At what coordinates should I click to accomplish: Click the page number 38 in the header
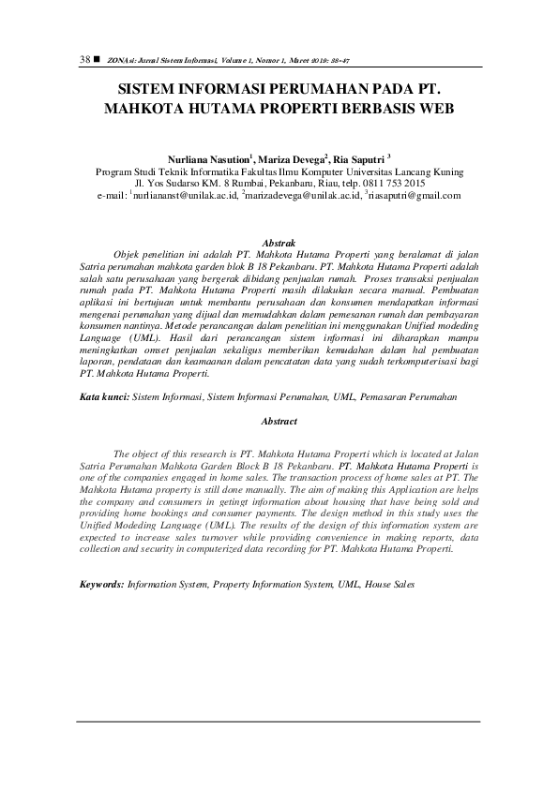pyautogui.click(x=83, y=59)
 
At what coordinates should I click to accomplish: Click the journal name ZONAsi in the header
pyautogui.click(x=119, y=60)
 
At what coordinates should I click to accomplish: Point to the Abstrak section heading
pyautogui.click(x=279, y=243)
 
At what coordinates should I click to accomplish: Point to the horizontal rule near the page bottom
pyautogui.click(x=279, y=722)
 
